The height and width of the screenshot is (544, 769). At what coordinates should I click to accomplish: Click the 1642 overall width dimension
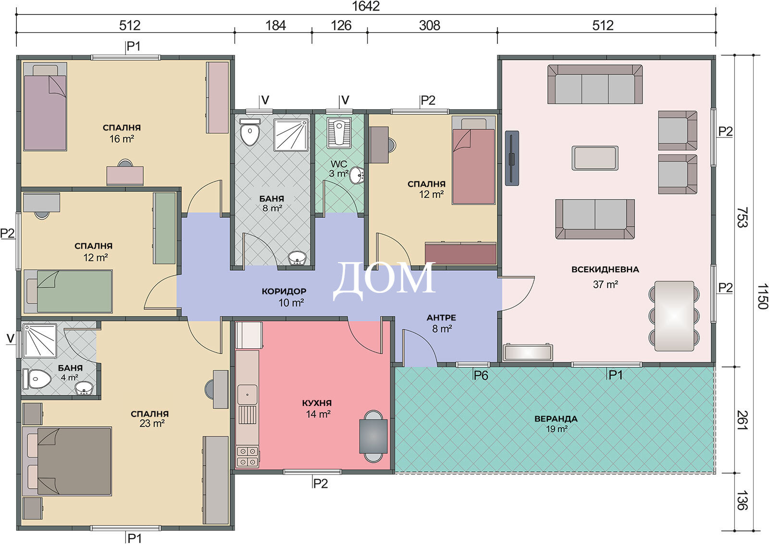(x=366, y=6)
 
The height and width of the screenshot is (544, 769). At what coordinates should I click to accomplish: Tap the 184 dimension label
(x=276, y=25)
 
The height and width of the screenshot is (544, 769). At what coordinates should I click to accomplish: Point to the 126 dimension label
(x=341, y=25)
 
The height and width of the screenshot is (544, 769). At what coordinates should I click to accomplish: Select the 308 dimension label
(x=430, y=25)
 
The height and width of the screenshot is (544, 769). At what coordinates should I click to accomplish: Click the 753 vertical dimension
(x=742, y=217)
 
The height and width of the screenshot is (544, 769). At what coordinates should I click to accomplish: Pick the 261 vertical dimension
(x=742, y=420)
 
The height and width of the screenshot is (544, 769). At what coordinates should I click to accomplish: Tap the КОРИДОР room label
(x=284, y=291)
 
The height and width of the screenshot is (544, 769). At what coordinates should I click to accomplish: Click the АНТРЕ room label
(x=442, y=317)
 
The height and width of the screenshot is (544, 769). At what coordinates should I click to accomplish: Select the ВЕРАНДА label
(x=556, y=419)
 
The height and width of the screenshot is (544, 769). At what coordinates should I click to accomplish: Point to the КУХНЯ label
(x=317, y=403)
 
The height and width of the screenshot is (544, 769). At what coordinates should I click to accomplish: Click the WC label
(x=339, y=164)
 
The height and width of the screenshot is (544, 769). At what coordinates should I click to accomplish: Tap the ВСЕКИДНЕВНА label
(x=605, y=269)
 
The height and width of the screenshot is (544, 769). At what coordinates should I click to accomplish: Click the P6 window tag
(x=481, y=376)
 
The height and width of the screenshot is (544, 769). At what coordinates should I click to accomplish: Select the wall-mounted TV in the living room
(x=512, y=158)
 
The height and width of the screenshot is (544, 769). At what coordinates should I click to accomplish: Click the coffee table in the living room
(x=595, y=158)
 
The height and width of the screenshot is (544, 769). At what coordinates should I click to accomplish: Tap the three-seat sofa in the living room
(x=595, y=84)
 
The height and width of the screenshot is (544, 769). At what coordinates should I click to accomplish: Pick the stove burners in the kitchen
(x=247, y=456)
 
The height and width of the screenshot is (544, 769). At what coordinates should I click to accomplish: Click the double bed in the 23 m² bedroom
(x=67, y=462)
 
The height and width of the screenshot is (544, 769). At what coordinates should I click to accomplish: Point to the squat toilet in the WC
(x=339, y=133)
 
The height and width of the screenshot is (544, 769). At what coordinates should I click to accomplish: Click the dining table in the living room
(x=674, y=316)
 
